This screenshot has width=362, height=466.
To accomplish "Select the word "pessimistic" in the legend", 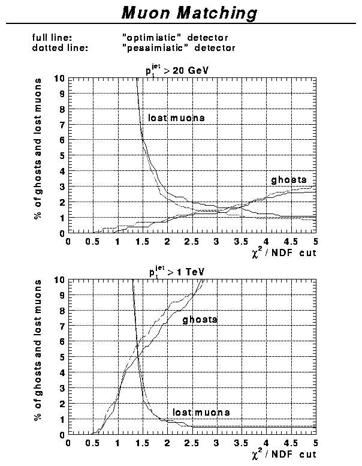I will (x=150, y=47).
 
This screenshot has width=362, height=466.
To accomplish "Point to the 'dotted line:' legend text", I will (x=60, y=47).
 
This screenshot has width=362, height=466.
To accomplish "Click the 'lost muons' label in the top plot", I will (x=176, y=118).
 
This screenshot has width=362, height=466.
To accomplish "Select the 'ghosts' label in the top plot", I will (x=289, y=179).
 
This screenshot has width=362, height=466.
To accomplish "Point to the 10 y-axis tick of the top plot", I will (x=58, y=79).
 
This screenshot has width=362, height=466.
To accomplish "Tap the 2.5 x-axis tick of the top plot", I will (x=191, y=241).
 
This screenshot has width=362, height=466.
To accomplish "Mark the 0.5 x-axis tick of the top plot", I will (x=92, y=241).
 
